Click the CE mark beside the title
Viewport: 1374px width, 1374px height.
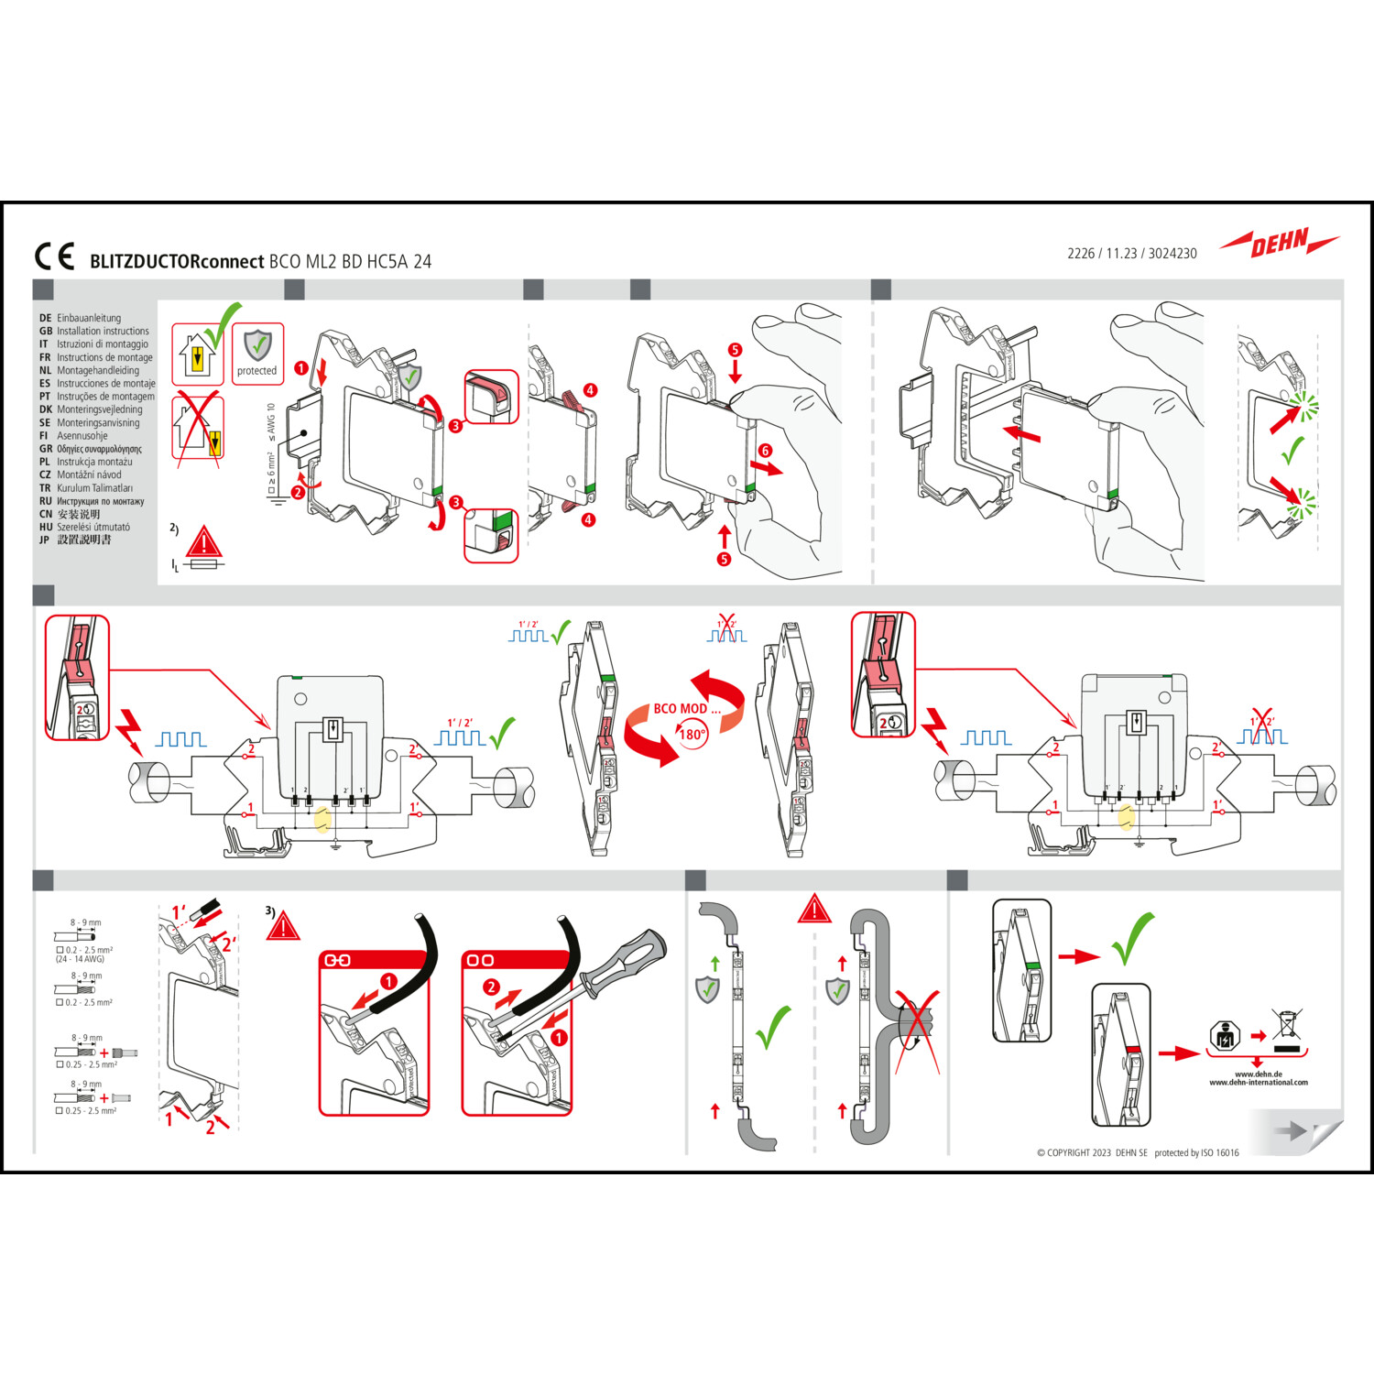coord(54,256)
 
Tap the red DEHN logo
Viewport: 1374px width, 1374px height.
coord(1279,244)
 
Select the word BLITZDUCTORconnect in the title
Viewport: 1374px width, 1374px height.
coord(177,262)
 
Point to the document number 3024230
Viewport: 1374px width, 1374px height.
coord(1172,254)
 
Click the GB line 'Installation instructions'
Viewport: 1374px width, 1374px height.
coord(103,332)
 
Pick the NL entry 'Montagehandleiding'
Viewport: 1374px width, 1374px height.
coord(98,371)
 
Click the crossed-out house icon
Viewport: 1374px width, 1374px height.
coord(198,427)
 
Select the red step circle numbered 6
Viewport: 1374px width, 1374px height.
coord(765,451)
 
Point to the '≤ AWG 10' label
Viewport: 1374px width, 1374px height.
coord(271,422)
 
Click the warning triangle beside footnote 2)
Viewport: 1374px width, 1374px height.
coord(203,542)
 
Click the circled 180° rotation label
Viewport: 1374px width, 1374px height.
coord(692,735)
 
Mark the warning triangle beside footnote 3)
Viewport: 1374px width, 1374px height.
coord(283,925)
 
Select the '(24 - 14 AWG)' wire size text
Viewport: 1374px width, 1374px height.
coord(80,959)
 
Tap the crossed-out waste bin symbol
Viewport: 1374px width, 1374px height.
coord(1287,1023)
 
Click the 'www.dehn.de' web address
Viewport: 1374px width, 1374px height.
coord(1259,1074)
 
